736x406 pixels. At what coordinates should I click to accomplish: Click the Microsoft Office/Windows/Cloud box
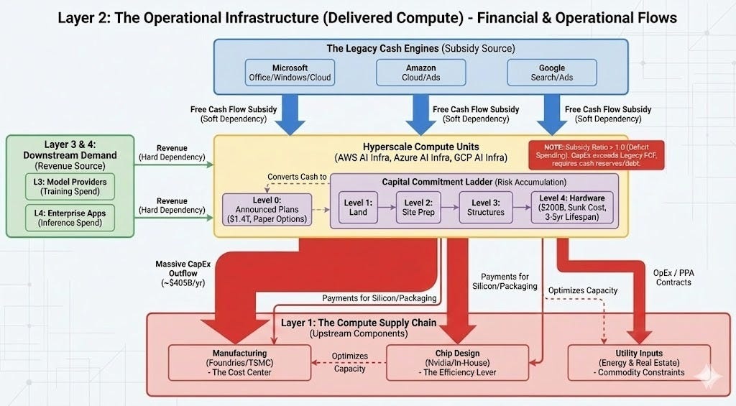[x=290, y=73]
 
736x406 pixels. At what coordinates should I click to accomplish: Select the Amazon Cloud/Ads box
[x=420, y=73]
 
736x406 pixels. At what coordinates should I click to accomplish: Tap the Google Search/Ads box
[x=551, y=73]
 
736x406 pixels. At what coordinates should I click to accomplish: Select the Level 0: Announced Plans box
[x=268, y=209]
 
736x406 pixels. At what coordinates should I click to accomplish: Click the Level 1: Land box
[x=358, y=207]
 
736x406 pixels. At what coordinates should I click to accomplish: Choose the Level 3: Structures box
[x=487, y=207]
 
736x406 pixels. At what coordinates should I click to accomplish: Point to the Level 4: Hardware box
[x=572, y=208]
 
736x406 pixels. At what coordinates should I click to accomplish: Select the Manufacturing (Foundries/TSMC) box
[x=239, y=363]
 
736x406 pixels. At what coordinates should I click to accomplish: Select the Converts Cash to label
[x=296, y=177]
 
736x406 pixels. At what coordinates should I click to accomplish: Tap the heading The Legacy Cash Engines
[x=420, y=48]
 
